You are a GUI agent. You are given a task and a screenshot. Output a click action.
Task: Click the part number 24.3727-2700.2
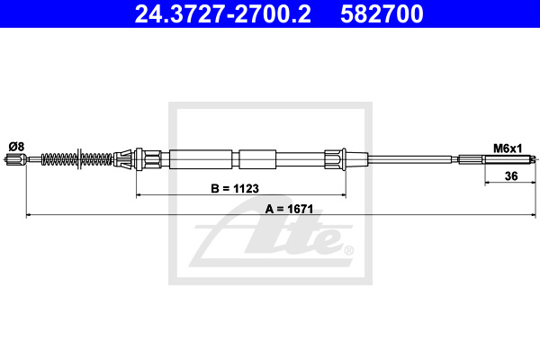click(x=223, y=14)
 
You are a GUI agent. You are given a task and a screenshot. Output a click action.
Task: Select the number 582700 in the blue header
click(x=382, y=14)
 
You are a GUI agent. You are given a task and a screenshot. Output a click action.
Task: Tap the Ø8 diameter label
click(x=16, y=147)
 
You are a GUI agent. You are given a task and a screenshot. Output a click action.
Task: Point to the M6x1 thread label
click(x=508, y=148)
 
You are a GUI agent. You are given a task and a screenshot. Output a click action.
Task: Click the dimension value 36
click(x=511, y=176)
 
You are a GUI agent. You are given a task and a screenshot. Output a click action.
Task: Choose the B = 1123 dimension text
click(x=235, y=188)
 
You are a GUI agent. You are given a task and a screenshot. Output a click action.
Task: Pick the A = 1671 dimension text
click(x=289, y=209)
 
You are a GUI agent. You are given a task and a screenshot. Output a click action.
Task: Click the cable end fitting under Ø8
click(x=16, y=159)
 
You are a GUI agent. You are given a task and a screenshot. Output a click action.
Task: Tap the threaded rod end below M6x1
click(x=509, y=159)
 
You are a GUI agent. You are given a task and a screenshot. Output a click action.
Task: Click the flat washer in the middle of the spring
click(x=79, y=158)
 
